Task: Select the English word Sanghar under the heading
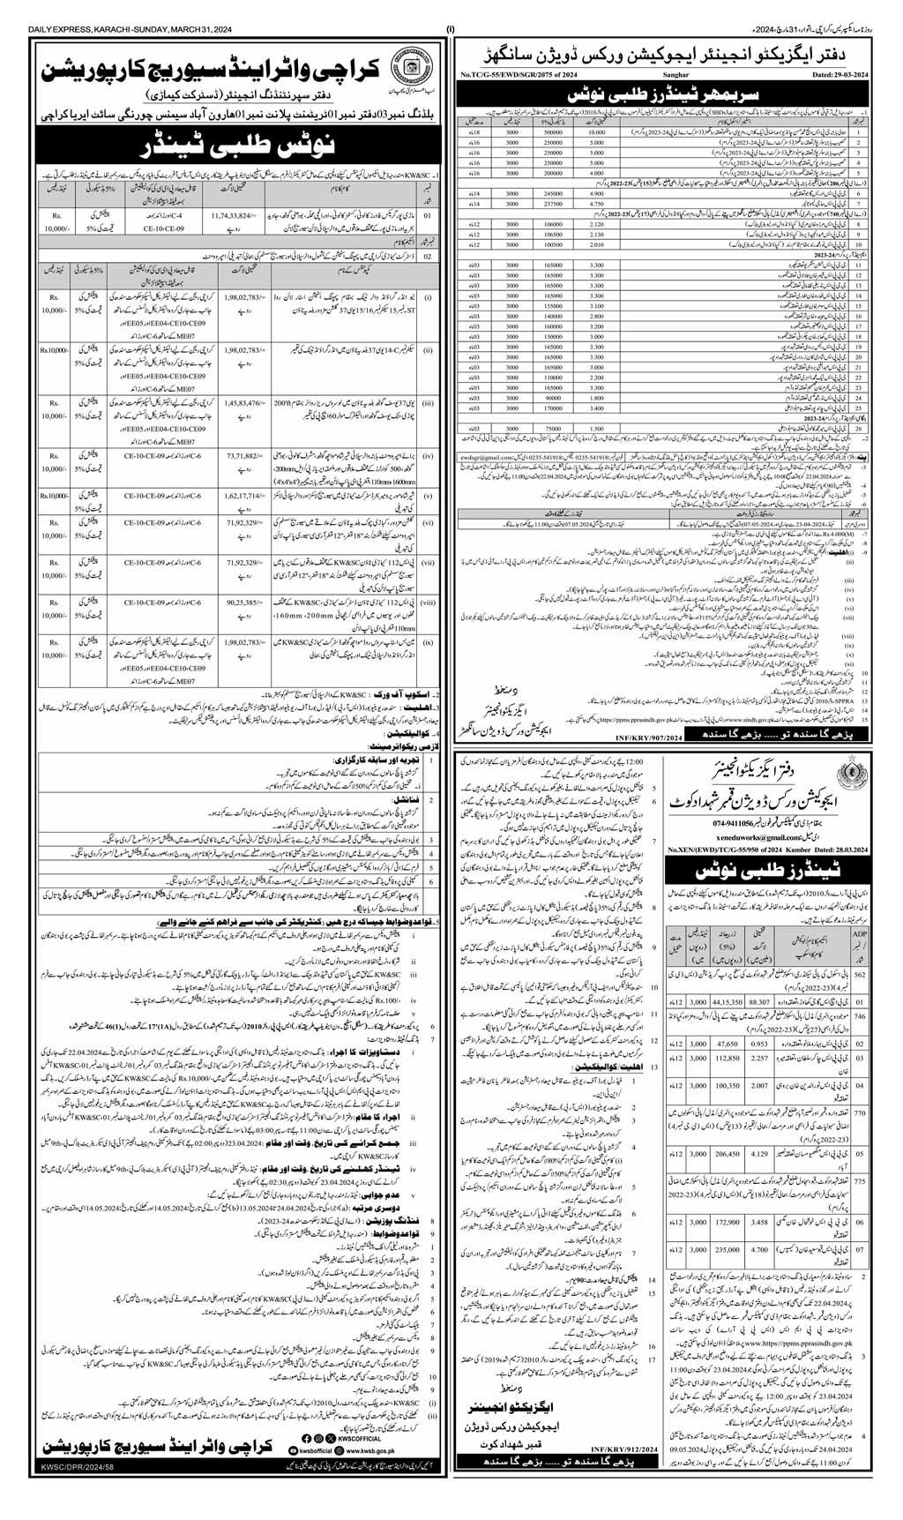(x=674, y=76)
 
